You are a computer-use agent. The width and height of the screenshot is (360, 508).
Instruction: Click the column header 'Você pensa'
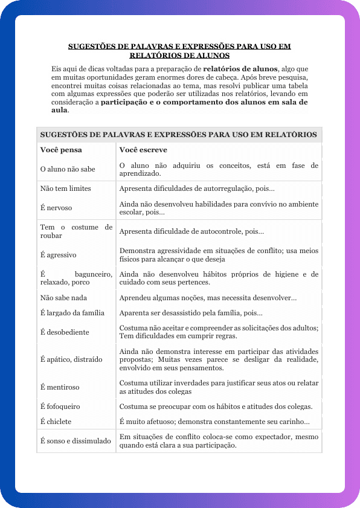coord(61,150)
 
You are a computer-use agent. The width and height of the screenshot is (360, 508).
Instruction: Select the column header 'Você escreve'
coord(143,150)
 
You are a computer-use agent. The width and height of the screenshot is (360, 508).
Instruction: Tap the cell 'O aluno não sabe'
coord(68,169)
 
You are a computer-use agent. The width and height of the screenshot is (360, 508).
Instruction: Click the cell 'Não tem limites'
coord(65,188)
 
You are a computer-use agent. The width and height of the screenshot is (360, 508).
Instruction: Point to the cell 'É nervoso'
coord(56,208)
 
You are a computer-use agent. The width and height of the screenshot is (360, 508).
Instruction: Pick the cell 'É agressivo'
coord(58,255)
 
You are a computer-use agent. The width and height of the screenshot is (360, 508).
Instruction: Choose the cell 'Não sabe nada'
coord(63,298)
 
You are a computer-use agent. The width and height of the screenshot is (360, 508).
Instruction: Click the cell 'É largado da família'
coord(72,313)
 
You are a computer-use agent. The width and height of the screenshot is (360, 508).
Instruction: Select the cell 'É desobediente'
coord(65,332)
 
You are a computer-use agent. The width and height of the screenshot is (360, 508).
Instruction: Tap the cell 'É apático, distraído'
coord(71,359)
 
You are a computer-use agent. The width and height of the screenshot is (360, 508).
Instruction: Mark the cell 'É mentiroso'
coord(60,387)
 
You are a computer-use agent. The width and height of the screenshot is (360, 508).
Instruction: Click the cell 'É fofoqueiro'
coord(60,407)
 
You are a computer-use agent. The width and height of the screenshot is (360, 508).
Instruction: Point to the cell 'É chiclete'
coord(56,422)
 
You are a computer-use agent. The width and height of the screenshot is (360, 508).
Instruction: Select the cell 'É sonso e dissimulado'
coord(76,441)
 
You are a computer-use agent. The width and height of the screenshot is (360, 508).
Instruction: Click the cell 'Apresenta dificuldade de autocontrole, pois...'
coord(191,231)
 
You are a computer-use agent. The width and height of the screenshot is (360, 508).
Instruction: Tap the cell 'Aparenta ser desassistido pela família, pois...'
coord(191,313)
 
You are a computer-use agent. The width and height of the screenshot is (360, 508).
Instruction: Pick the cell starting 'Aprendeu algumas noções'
coord(208,298)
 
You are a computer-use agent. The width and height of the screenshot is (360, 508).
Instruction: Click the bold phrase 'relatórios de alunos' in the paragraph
coord(240,68)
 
